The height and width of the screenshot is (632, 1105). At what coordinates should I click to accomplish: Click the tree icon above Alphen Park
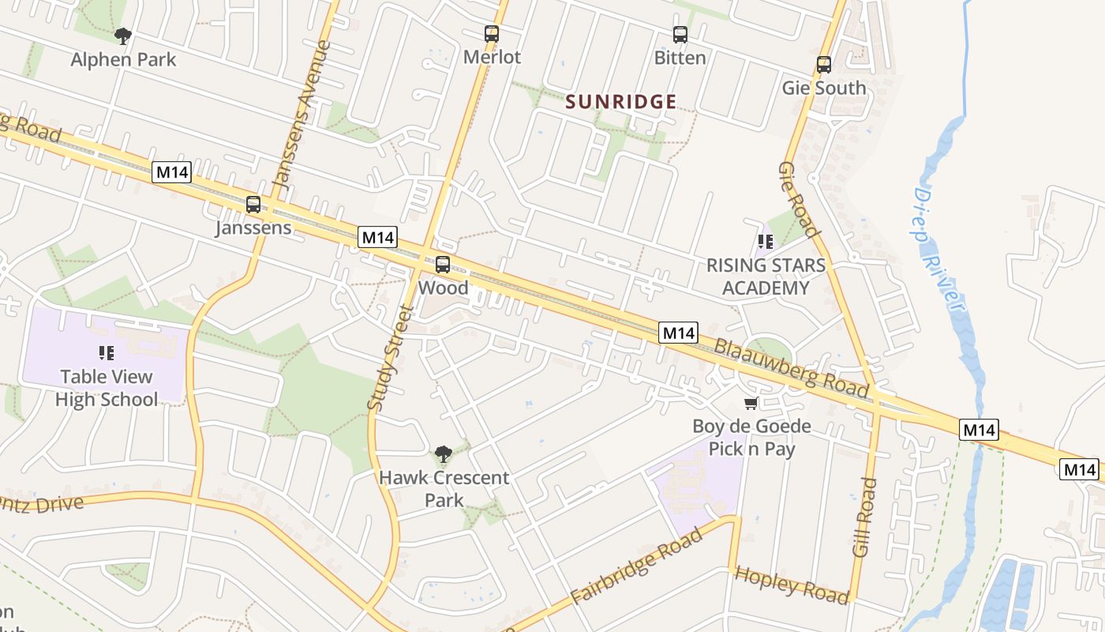(x=122, y=35)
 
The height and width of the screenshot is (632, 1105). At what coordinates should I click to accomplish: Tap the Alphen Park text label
(x=123, y=60)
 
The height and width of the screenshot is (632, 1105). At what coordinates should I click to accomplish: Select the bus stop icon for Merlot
(x=492, y=34)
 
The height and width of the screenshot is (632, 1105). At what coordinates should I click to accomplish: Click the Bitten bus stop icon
(x=680, y=35)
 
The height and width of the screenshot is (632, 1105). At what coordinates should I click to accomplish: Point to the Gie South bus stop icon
(x=824, y=65)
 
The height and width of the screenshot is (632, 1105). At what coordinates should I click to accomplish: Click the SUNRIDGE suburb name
(x=621, y=101)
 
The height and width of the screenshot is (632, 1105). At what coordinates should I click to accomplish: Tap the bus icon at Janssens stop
(x=253, y=205)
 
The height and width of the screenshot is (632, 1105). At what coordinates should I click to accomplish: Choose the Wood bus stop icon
(x=443, y=265)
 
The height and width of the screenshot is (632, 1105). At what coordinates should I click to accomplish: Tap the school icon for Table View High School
(x=106, y=353)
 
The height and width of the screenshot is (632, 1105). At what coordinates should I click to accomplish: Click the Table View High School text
(x=107, y=388)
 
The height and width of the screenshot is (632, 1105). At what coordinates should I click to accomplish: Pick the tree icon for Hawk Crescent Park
(x=444, y=454)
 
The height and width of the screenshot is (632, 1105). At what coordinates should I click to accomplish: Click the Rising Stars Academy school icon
(x=765, y=242)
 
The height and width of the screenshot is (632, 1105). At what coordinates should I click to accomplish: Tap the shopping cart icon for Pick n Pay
(x=751, y=404)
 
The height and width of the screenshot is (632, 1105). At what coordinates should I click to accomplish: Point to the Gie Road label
(x=797, y=199)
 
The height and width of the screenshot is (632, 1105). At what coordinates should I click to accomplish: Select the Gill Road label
(x=865, y=517)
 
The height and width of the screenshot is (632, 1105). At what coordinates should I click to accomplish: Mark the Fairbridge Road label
(x=635, y=566)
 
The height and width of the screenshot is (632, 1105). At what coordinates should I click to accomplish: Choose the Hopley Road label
(x=792, y=585)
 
